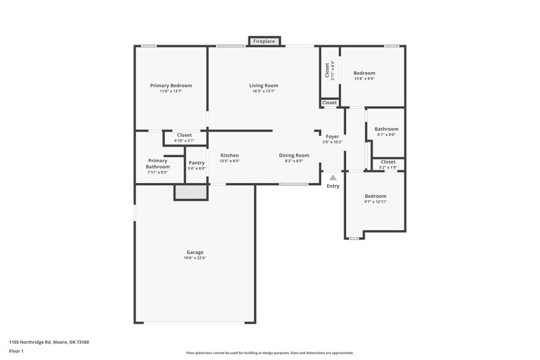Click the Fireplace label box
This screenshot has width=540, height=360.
pos(264,42)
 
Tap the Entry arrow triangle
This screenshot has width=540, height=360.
pos(333,178)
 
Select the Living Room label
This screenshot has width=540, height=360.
pos(263,86)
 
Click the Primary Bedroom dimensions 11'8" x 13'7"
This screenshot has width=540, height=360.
pos(171,91)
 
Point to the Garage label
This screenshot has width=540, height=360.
pos(194,253)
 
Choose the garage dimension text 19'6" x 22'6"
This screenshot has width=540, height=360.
pos(194,259)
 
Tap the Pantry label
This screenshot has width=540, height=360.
pos(196,163)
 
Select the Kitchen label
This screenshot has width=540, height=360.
pos(230,155)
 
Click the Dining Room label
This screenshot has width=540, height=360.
pos(294,155)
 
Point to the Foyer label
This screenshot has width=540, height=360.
pos(332,136)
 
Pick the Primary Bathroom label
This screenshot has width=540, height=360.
pos(157,163)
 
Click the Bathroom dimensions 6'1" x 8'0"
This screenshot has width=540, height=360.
pos(386,134)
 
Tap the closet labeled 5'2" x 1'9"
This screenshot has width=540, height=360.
pos(388,164)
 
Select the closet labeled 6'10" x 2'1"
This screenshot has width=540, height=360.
pos(184,138)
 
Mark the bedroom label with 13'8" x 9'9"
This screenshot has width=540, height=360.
pos(364,73)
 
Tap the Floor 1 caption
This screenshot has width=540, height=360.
pos(16,351)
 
